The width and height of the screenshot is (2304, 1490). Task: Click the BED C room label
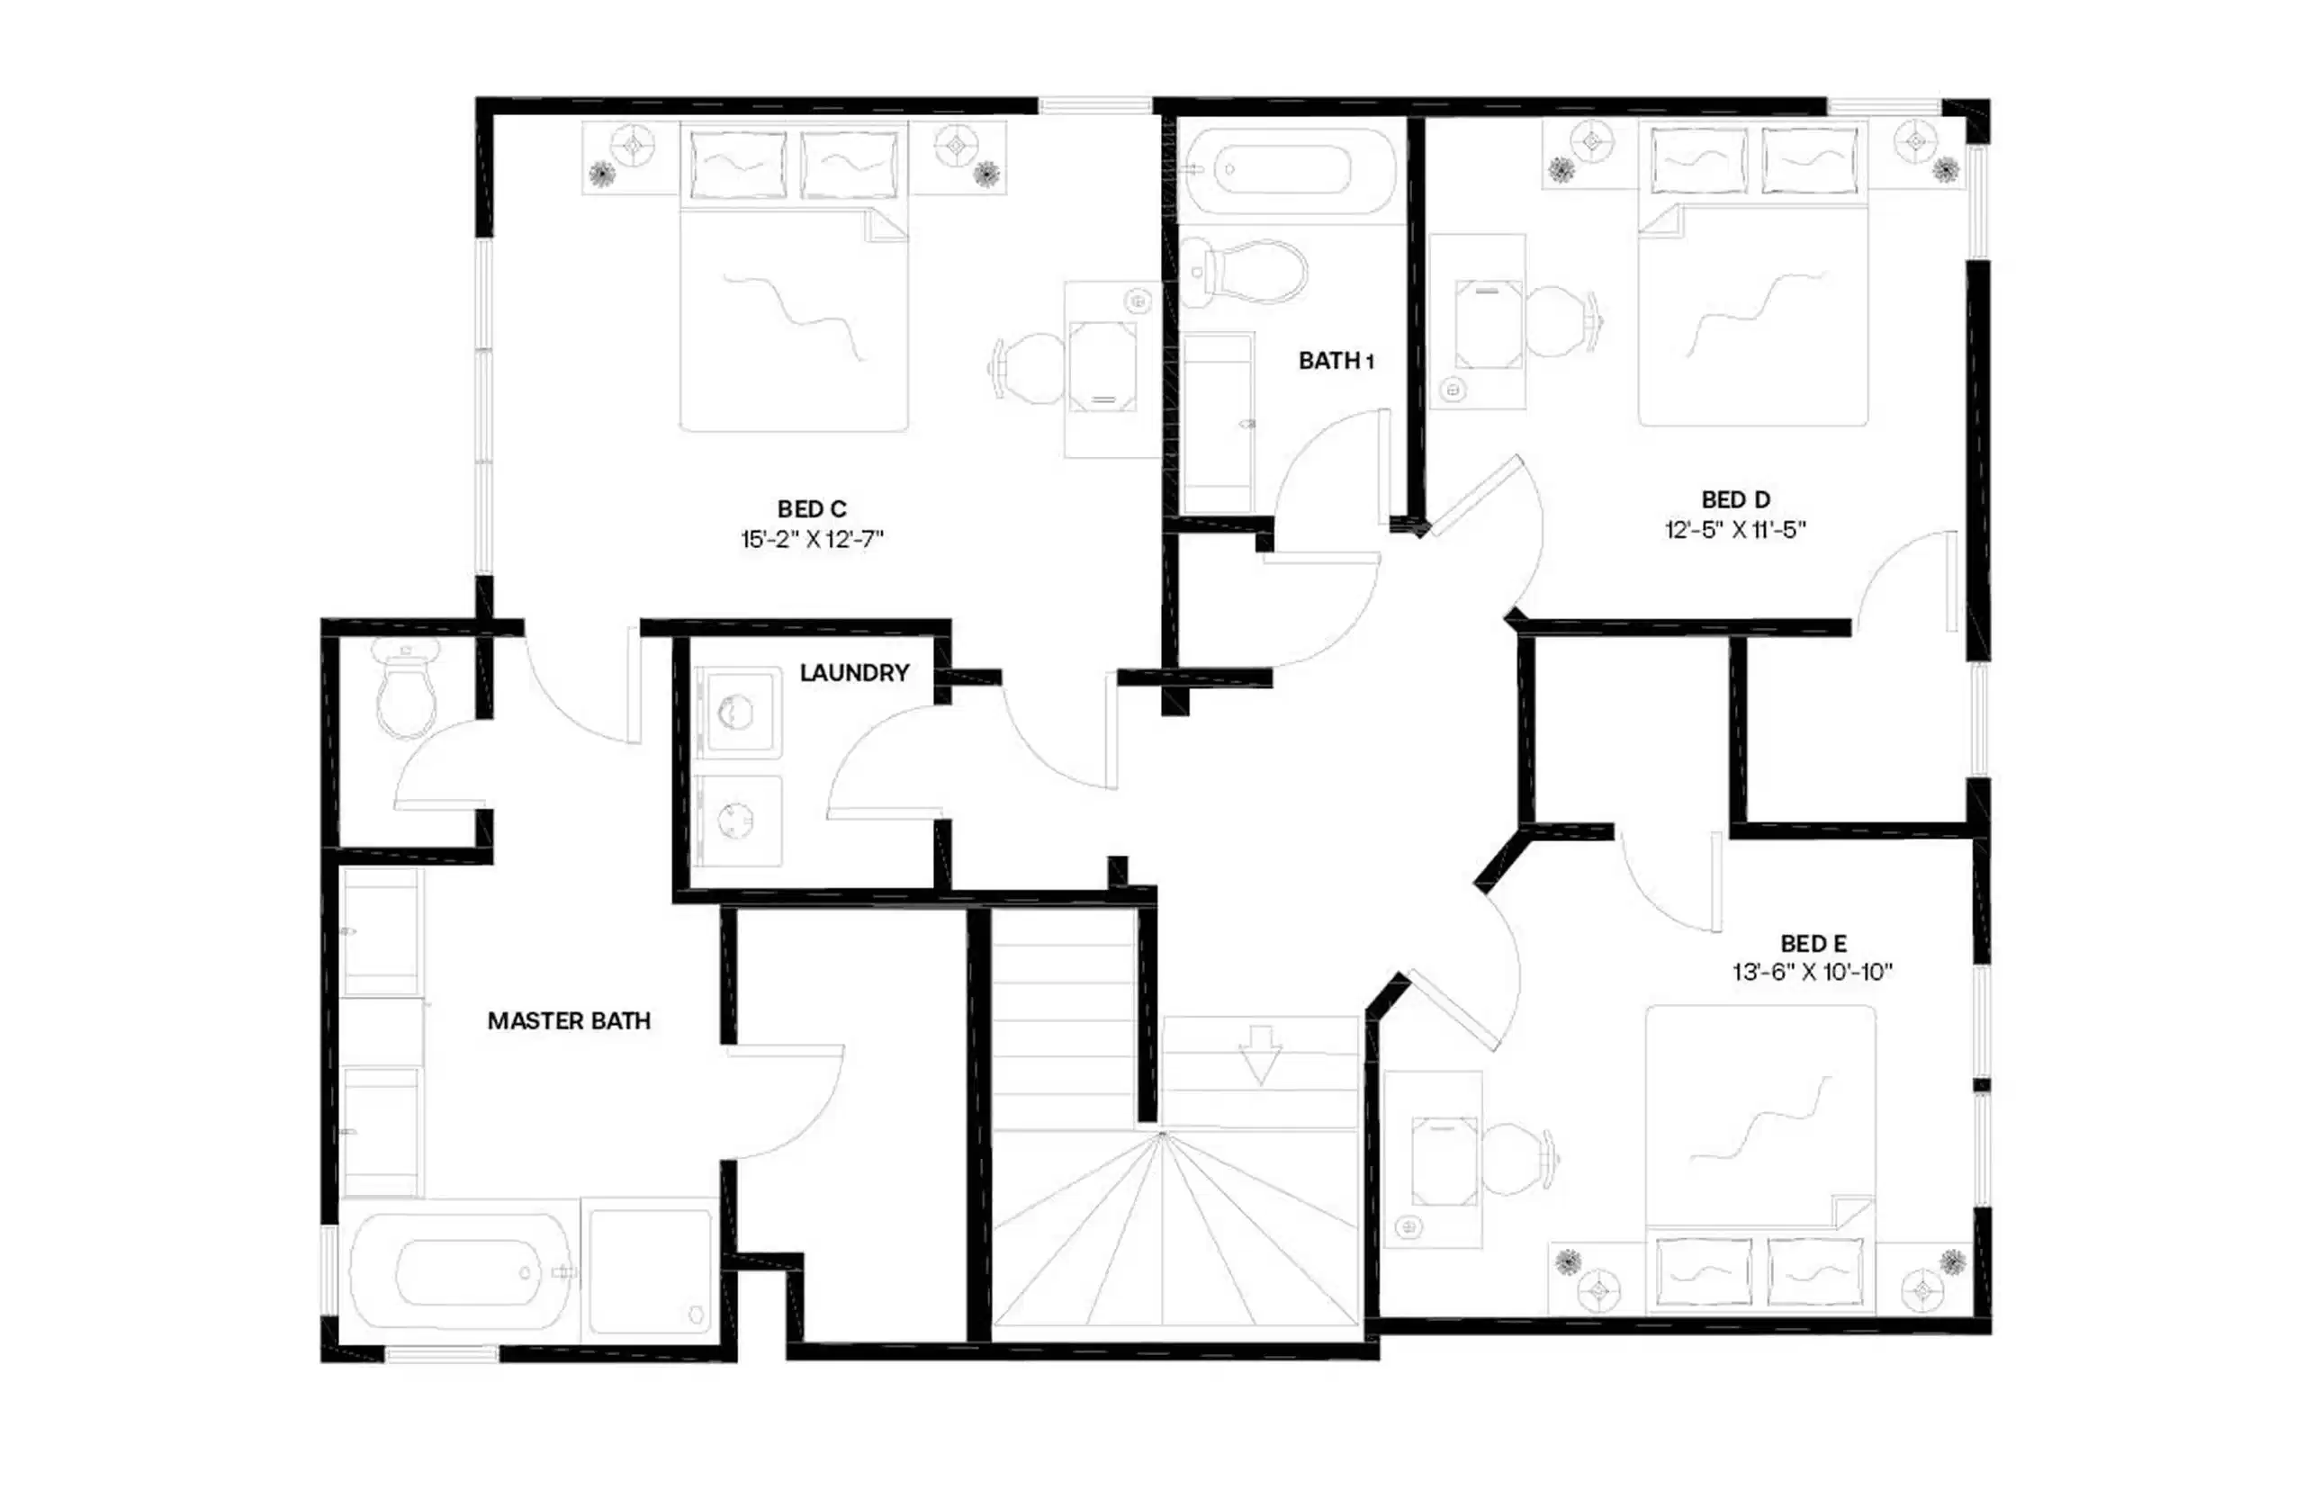click(811, 509)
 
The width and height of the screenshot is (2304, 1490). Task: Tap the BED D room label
click(1735, 500)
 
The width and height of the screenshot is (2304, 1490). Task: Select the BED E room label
click(1813, 943)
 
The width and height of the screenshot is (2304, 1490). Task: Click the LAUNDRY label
click(853, 672)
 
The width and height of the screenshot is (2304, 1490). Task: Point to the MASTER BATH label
click(569, 1020)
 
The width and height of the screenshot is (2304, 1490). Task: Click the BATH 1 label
click(1336, 361)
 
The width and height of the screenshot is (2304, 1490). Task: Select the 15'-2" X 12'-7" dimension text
click(811, 540)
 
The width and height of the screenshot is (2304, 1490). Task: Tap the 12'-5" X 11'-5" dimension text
click(1735, 530)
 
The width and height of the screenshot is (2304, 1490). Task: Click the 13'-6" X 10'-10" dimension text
click(1812, 973)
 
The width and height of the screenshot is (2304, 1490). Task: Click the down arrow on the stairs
click(1260, 1055)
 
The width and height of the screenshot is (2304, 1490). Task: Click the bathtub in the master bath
click(459, 1271)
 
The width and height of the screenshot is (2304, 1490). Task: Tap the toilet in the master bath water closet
click(408, 691)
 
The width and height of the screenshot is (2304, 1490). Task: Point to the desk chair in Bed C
click(1030, 367)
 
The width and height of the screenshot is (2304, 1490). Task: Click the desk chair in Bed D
click(1560, 319)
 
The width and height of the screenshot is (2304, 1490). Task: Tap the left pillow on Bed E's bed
click(1702, 1270)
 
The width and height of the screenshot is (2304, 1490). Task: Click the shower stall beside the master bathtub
click(651, 1271)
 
